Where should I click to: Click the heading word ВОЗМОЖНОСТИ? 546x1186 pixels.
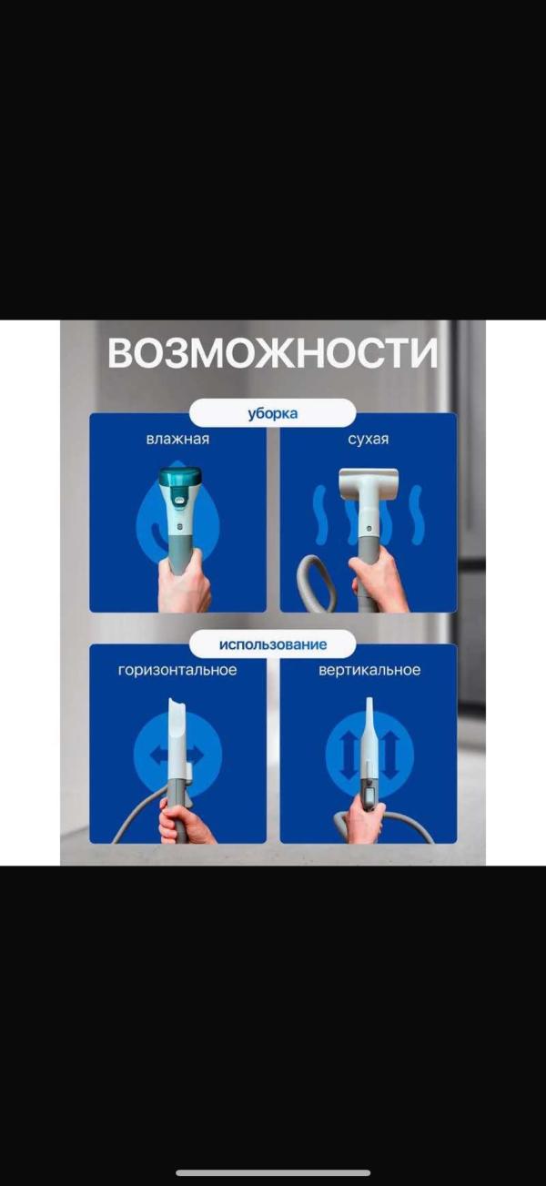[x=273, y=352]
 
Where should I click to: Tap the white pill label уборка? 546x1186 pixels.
[x=273, y=413]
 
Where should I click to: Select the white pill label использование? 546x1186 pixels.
[x=273, y=644]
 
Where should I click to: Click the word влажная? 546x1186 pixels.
[x=178, y=439]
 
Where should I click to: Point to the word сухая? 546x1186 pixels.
[x=369, y=440]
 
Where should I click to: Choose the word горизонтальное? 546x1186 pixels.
[x=177, y=670]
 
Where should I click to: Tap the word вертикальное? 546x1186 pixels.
[x=369, y=670]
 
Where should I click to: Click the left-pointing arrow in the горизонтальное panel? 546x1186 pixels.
[x=158, y=755]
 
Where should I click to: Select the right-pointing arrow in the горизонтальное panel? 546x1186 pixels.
[x=197, y=755]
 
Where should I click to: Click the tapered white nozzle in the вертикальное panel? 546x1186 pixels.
[x=369, y=736]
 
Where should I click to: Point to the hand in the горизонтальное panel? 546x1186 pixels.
[x=186, y=822]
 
